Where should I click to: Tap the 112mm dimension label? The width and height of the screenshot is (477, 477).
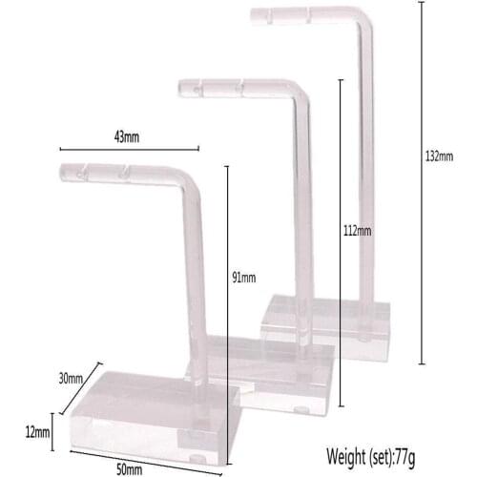[x=358, y=230]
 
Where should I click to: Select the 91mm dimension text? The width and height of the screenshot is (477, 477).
[x=244, y=278]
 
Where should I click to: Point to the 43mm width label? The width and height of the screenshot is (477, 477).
[x=127, y=136]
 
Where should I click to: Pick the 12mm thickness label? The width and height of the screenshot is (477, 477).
[x=36, y=432]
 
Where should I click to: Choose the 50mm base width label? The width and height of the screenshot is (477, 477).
[x=129, y=468]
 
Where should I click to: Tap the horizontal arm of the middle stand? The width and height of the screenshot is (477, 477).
[x=238, y=90]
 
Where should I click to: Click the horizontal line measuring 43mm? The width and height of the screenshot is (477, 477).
[x=129, y=149]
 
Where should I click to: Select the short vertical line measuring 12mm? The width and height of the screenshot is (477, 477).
[x=53, y=432]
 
